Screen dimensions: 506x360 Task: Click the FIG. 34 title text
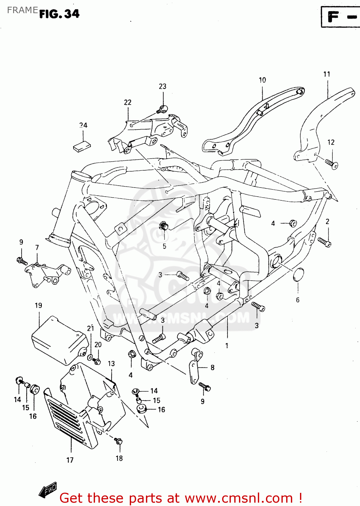(59, 14)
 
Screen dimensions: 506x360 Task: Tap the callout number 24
(83, 125)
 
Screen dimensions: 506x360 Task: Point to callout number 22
(127, 102)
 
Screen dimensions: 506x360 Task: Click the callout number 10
(262, 80)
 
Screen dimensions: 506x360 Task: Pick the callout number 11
(327, 74)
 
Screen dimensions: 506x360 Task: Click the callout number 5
(164, 246)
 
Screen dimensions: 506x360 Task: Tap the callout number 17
(70, 460)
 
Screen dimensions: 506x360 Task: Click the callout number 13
(111, 364)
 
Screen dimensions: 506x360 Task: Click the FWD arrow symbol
(48, 490)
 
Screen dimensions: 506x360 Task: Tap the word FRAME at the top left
(22, 10)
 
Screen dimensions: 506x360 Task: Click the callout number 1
(227, 345)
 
